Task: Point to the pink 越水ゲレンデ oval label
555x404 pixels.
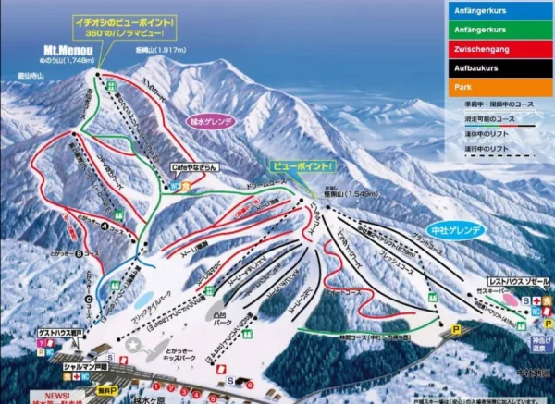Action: [x=210, y=120]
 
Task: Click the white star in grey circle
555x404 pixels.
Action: [x=135, y=346]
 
